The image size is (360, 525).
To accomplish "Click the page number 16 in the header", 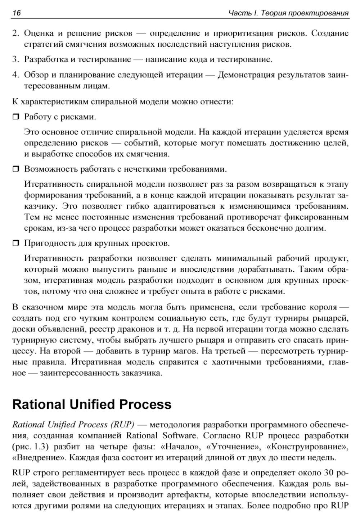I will [17, 13].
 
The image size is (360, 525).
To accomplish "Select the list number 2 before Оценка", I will [15, 33].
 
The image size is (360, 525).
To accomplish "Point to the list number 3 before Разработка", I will [15, 59].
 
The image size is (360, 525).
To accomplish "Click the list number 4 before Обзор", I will [15, 75].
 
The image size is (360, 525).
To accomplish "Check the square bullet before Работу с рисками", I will [16, 117].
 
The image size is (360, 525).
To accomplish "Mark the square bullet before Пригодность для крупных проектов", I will [16, 244].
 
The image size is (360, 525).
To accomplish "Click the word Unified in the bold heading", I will [90, 404].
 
